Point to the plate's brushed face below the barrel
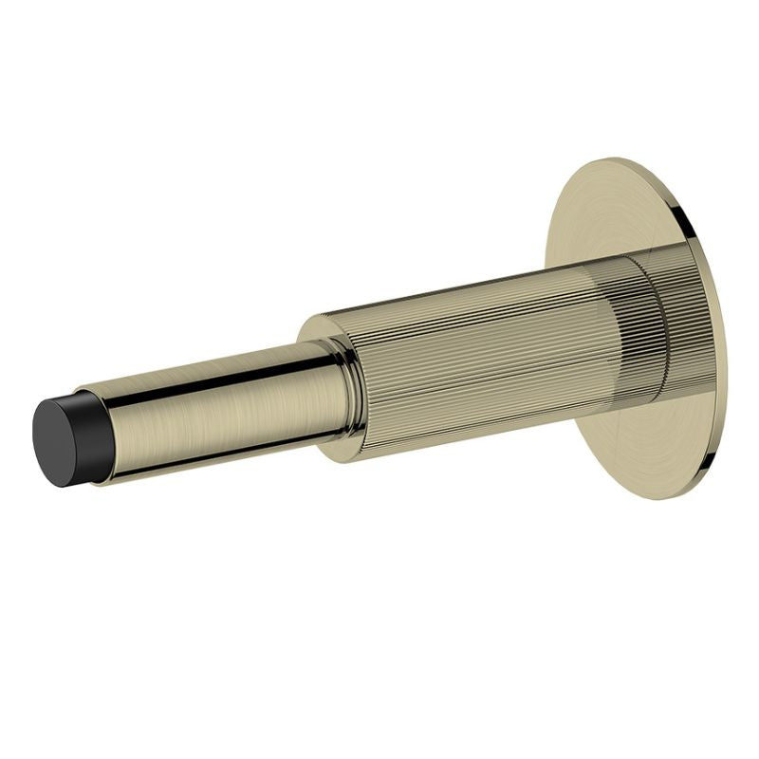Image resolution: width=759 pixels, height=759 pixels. (645, 446)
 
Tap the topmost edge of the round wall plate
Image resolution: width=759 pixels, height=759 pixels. (617, 158)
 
